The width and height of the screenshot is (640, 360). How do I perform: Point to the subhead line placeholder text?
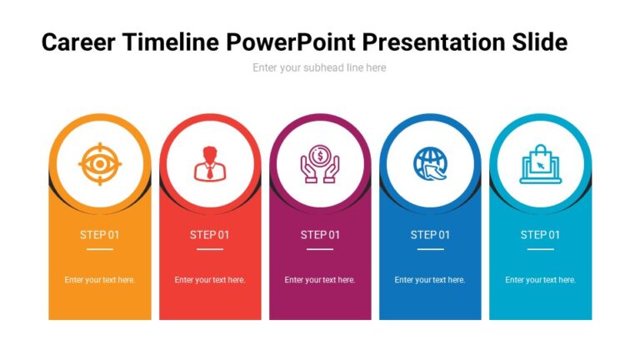click(x=319, y=67)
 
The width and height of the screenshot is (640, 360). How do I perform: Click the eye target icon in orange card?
click(x=100, y=163)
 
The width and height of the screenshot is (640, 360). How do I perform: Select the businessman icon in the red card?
click(x=210, y=163)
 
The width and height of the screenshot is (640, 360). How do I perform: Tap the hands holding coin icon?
click(x=320, y=163)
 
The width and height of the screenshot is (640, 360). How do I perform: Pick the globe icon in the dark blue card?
click(x=430, y=163)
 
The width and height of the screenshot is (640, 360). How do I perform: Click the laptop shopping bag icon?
click(x=540, y=163)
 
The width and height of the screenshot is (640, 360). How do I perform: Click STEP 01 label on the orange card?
click(x=100, y=235)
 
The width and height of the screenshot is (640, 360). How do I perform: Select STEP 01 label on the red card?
click(x=210, y=235)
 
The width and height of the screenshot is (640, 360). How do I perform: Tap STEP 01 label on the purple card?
click(x=320, y=235)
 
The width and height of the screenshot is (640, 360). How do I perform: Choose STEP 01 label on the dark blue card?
click(x=430, y=235)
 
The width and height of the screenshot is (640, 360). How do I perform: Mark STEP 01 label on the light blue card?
click(x=540, y=235)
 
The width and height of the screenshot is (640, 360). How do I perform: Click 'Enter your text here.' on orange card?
click(x=100, y=280)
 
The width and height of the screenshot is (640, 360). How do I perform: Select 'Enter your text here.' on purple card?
click(x=320, y=280)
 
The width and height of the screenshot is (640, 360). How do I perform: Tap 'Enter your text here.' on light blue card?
click(x=540, y=280)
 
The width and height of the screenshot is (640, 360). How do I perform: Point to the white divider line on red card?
click(x=210, y=249)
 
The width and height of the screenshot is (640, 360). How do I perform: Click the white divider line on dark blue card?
click(x=430, y=249)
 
